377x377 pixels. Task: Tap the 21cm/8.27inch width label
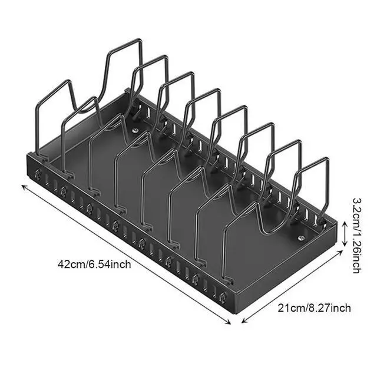pyautogui.click(x=313, y=307)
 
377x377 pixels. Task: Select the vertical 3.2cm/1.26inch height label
pyautogui.click(x=355, y=234)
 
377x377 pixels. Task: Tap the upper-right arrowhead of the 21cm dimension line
pyautogui.click(x=341, y=252)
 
